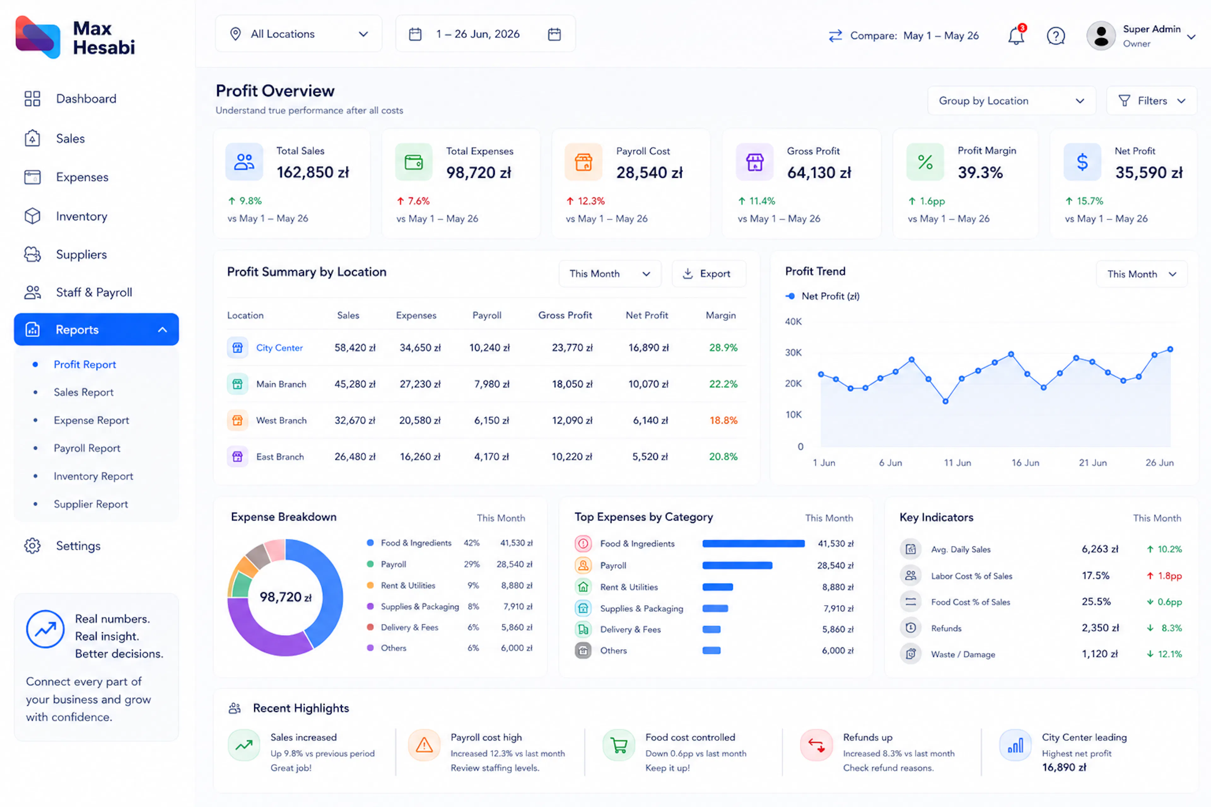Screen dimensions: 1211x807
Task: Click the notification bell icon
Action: tap(1016, 36)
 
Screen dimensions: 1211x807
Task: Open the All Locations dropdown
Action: tap(299, 34)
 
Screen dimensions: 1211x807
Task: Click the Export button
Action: tap(709, 274)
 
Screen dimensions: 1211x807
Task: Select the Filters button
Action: tap(1152, 101)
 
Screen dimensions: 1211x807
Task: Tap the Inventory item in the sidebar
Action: tap(81, 216)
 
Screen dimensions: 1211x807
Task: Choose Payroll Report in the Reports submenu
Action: tap(87, 448)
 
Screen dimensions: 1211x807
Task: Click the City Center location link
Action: tap(280, 348)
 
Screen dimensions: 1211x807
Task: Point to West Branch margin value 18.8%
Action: tap(723, 421)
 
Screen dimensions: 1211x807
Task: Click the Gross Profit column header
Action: tap(565, 315)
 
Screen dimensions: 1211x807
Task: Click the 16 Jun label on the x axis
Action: tap(1025, 463)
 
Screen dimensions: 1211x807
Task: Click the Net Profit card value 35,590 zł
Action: tap(1149, 172)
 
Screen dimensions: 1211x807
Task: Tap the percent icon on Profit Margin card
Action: tap(925, 162)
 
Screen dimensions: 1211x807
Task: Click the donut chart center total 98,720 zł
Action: tap(285, 597)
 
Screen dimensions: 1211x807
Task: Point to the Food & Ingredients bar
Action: tap(753, 543)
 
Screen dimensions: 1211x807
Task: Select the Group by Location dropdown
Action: tap(1012, 101)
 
